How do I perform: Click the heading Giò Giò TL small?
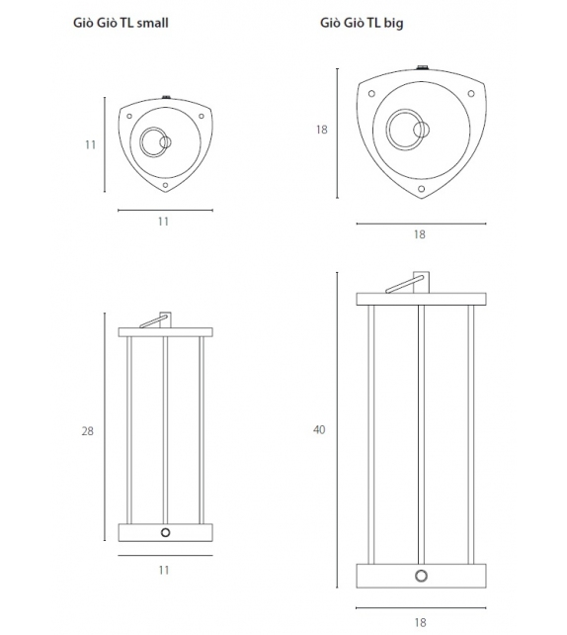[x=121, y=23]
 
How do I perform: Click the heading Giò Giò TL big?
[x=362, y=23]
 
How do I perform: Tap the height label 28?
[x=87, y=431]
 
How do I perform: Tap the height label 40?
[x=319, y=429]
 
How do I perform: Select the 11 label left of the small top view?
[x=91, y=144]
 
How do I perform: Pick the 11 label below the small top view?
[x=163, y=222]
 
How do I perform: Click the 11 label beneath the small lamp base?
[x=163, y=570]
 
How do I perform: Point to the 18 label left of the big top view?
[x=321, y=130]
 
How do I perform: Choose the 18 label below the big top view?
[x=420, y=234]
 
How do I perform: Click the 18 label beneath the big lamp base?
[x=420, y=622]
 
